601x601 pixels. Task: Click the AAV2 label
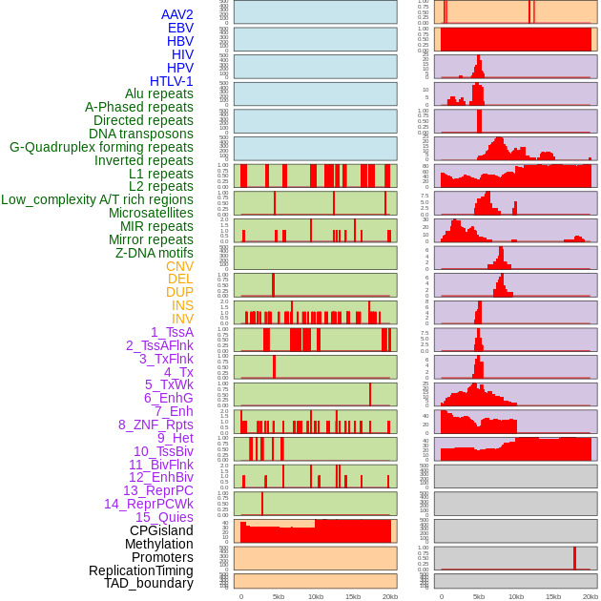[x=176, y=14]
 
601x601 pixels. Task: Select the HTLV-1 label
[x=171, y=81]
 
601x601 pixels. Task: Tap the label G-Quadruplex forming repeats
[x=101, y=147]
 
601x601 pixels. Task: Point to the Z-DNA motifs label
[x=155, y=253]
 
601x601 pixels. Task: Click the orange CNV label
[x=179, y=266]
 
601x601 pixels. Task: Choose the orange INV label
[x=182, y=319]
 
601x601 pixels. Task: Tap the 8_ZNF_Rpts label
[x=155, y=425]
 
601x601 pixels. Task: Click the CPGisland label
[x=161, y=530]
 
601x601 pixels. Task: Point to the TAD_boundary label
[x=149, y=583]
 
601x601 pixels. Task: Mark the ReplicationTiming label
[x=141, y=570]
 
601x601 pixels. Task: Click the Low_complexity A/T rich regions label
[x=97, y=199]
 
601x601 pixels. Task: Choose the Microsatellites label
[x=151, y=213]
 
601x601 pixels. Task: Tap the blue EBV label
[x=180, y=28]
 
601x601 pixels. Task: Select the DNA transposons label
[x=141, y=134]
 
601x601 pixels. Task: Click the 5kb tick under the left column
[x=279, y=596]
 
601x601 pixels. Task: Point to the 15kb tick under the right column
[x=553, y=596]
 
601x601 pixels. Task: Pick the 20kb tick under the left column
[x=390, y=596]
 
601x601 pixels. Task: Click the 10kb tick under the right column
[x=516, y=596]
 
